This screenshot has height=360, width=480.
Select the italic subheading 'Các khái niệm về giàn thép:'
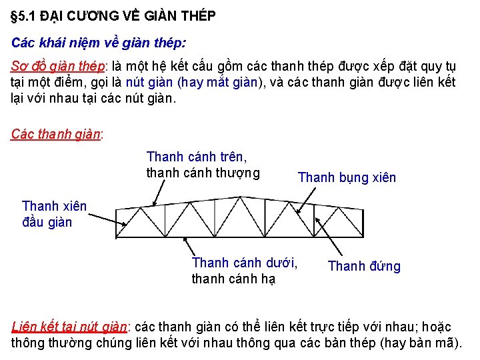99,43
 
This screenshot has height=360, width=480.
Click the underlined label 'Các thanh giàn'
55,133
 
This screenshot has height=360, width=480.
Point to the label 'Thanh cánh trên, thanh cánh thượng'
203,165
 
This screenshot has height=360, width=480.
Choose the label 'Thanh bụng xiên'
347,177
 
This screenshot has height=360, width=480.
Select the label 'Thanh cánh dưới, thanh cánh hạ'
244,271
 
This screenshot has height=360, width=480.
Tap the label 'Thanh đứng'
364,267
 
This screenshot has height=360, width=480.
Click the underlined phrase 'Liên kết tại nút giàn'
69,327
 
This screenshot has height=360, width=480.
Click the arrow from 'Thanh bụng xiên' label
308,197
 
